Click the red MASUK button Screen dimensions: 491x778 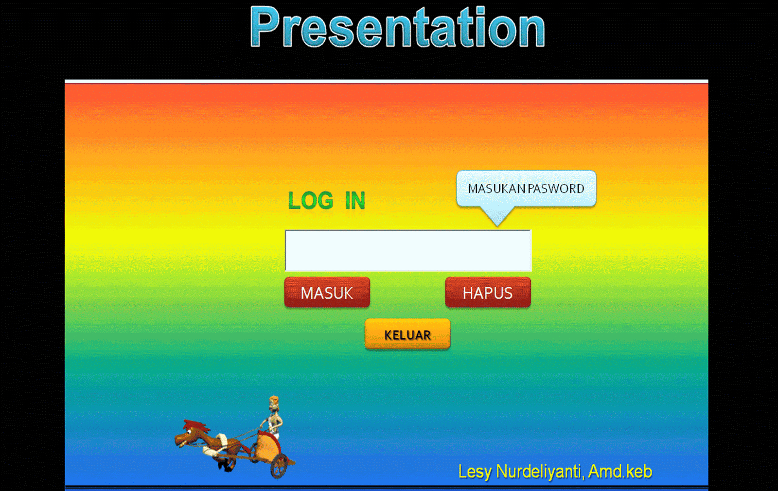(x=327, y=293)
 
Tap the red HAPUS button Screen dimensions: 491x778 (x=488, y=293)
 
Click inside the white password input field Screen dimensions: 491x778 (x=407, y=251)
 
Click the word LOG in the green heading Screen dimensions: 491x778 (x=311, y=201)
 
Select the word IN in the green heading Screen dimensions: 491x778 (x=355, y=201)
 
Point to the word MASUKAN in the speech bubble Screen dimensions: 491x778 (x=496, y=189)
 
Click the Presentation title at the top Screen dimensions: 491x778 (x=397, y=28)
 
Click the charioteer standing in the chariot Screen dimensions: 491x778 (x=274, y=416)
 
